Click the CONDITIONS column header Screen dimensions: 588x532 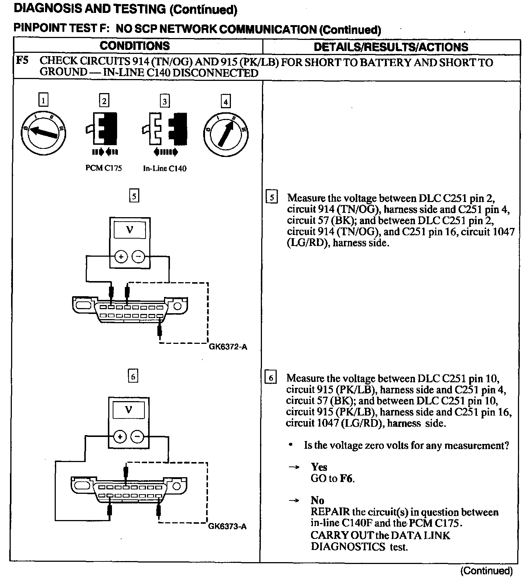134,46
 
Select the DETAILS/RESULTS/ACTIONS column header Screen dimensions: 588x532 391,47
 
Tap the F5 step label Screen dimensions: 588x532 23,61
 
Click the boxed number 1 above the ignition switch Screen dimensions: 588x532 44,100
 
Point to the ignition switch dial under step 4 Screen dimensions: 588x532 225,133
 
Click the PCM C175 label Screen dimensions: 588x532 103,168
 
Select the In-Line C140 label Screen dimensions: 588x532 165,168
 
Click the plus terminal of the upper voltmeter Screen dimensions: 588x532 121,256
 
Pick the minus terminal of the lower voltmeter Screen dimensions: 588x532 137,437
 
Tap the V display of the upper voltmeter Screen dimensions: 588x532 129,230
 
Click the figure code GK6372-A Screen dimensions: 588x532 228,347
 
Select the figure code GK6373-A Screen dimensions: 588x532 227,526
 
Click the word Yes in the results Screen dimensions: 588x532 319,467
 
